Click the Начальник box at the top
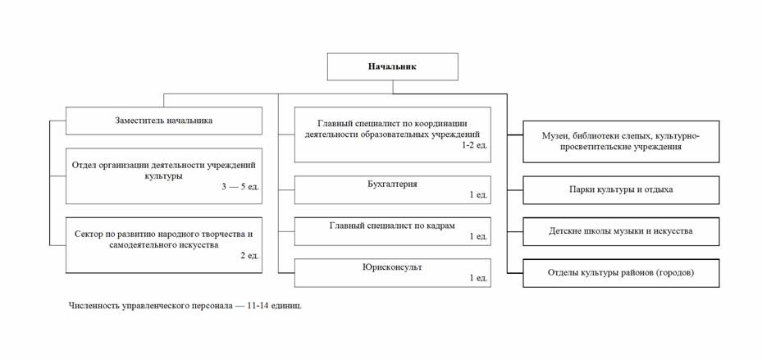point(393,66)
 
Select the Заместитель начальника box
point(164,121)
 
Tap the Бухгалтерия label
point(392,185)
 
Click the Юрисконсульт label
point(392,267)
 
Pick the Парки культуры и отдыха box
point(621,190)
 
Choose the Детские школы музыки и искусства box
point(621,231)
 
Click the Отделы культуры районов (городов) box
point(621,273)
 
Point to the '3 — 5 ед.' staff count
point(240,187)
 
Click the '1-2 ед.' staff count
point(475,145)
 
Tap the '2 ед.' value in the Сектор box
point(249,256)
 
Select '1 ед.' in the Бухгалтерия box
point(478,195)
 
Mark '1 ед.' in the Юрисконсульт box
point(478,278)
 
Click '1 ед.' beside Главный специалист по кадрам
point(478,237)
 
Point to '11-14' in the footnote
point(264,306)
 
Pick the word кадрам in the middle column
point(441,226)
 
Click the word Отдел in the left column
point(83,165)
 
